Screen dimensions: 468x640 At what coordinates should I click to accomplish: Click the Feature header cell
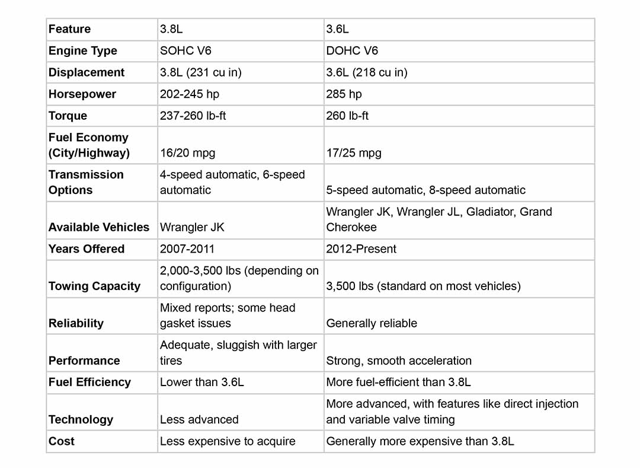point(70,29)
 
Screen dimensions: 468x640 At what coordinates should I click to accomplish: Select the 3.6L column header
point(338,29)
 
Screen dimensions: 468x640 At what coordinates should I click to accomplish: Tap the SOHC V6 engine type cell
point(186,51)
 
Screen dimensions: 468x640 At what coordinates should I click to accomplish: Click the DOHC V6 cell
point(352,51)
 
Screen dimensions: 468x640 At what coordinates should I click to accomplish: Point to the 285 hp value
point(344,94)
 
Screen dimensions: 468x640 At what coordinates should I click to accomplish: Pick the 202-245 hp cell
point(189,94)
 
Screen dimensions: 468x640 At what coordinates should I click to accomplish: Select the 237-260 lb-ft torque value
point(193,116)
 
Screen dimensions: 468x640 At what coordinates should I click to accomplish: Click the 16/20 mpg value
point(187,153)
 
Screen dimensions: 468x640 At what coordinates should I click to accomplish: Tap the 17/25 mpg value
point(354,153)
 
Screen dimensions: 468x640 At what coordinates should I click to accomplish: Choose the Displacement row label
point(87,72)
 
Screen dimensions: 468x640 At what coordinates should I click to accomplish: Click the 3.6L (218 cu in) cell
point(367,72)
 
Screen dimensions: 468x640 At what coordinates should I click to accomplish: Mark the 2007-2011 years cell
point(187,249)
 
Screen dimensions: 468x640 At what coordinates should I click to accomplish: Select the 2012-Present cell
point(361,249)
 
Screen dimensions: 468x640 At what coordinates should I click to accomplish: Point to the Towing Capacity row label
point(94,286)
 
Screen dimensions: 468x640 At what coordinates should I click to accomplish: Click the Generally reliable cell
point(372,323)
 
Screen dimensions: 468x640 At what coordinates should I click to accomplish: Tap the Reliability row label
point(76,323)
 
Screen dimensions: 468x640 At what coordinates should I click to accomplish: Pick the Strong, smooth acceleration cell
point(399,361)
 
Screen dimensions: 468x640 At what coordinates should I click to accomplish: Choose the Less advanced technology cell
point(199,419)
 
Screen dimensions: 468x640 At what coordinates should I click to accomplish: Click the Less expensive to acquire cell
point(228,441)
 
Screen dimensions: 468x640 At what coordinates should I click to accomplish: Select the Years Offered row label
point(87,249)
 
